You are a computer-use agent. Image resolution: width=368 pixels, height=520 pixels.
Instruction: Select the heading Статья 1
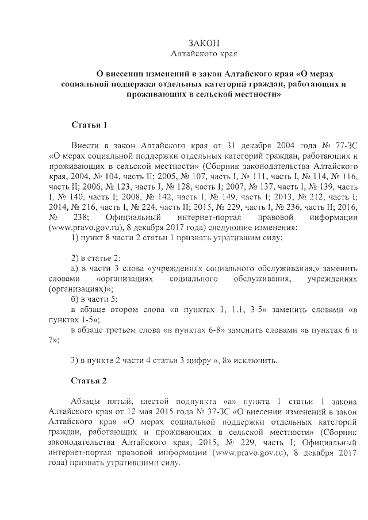click(x=90, y=125)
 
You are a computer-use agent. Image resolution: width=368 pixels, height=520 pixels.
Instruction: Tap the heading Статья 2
click(x=90, y=380)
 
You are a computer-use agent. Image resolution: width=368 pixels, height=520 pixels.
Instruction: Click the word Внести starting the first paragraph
click(x=85, y=144)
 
